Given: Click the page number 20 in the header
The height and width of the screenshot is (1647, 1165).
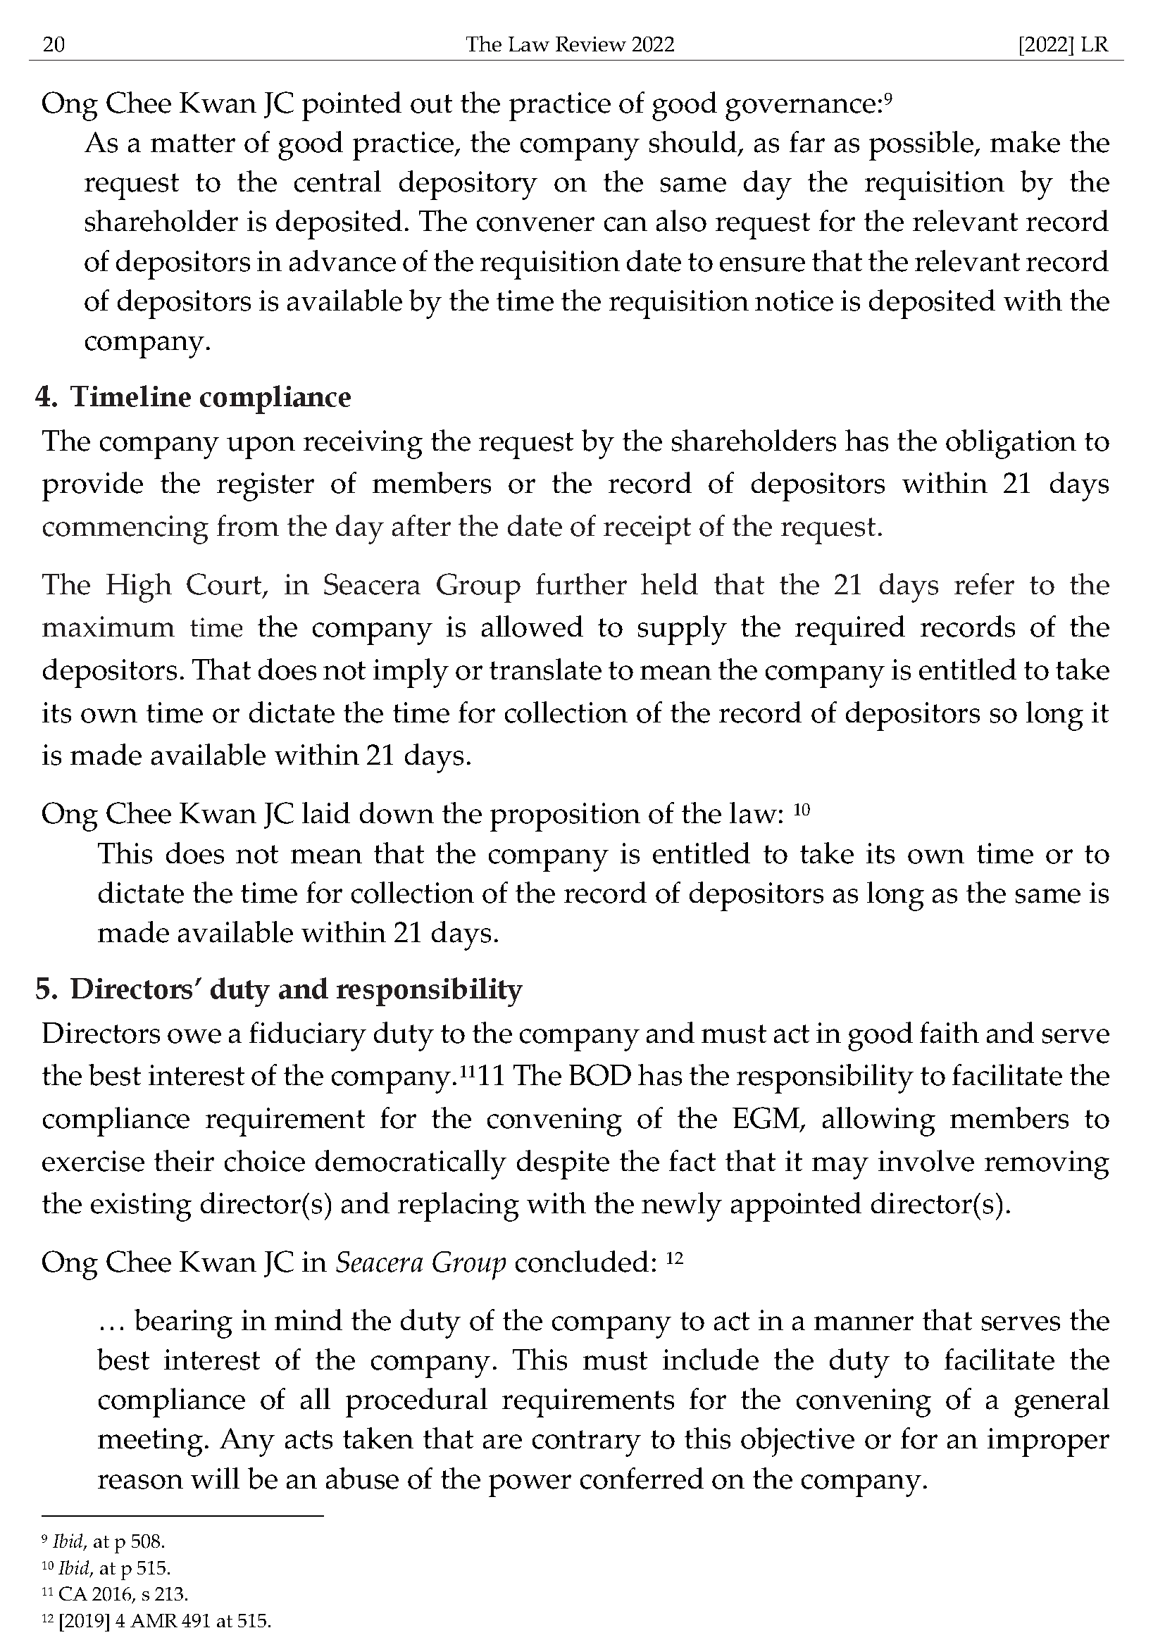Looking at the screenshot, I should click(54, 45).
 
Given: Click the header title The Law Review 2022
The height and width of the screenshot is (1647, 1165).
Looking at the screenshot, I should click(570, 45).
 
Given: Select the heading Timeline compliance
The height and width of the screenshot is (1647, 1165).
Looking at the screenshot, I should click(210, 396).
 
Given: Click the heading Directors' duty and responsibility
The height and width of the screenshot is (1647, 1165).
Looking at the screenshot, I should click(296, 989).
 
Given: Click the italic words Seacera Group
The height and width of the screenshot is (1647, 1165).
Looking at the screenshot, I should click(420, 1263).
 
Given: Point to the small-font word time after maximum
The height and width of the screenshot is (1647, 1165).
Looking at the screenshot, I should click(216, 629).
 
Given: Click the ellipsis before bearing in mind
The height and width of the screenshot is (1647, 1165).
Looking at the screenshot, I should click(111, 1321).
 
